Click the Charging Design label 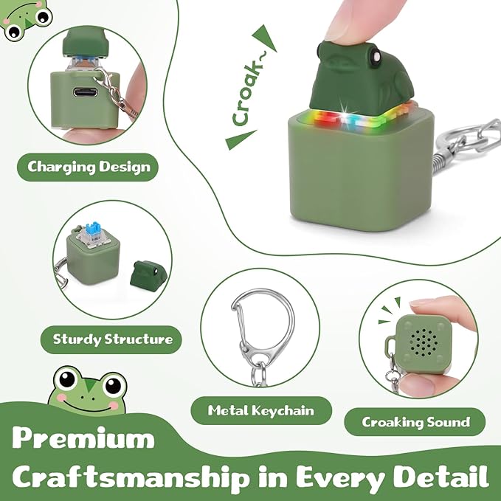tap(88, 167)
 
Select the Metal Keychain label tap(261, 410)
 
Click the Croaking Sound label tap(415, 422)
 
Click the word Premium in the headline tap(83, 439)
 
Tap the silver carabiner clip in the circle tap(258, 324)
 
